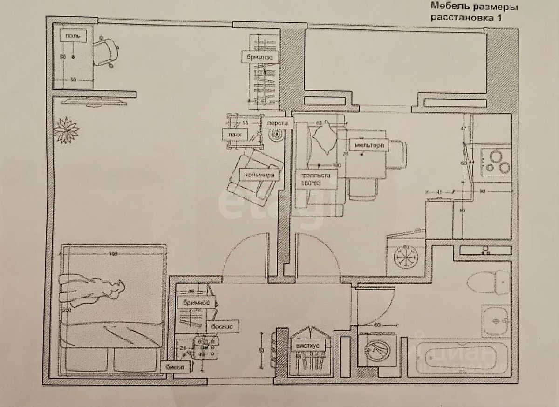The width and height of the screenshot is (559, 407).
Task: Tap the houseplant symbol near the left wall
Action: point(66,130)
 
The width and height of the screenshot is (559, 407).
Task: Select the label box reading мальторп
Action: point(368,146)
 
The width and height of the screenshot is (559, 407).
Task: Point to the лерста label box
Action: point(279,123)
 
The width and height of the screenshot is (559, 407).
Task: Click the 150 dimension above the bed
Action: point(112,254)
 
